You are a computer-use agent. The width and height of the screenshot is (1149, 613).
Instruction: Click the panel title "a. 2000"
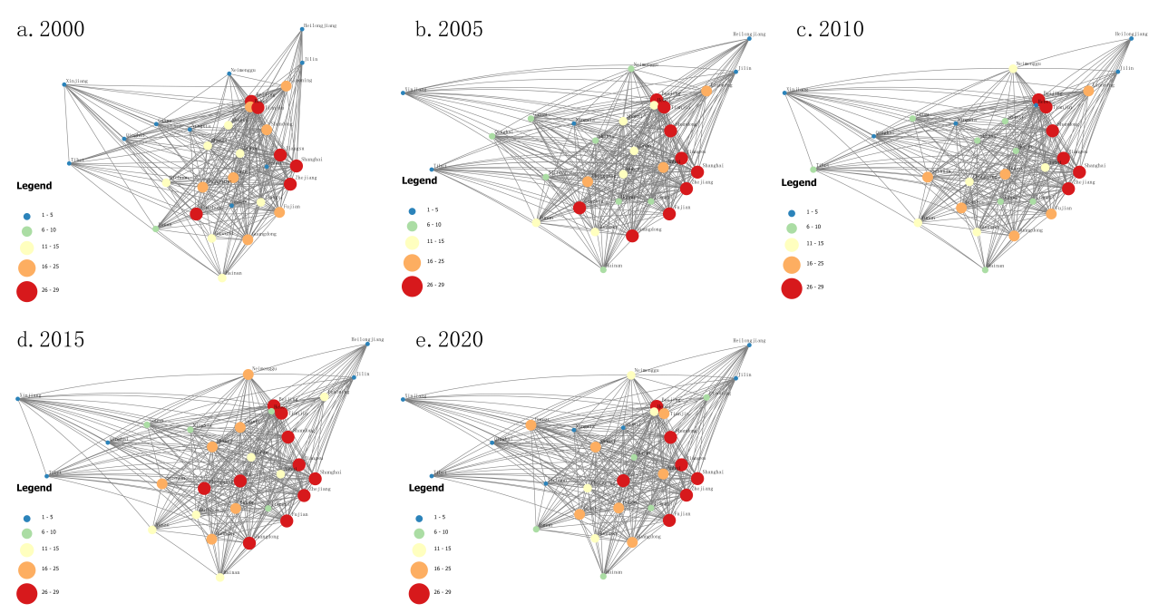(x=51, y=29)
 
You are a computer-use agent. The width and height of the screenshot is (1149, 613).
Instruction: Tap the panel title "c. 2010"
(x=830, y=29)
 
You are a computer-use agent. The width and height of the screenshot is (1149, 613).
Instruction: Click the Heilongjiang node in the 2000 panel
(x=302, y=29)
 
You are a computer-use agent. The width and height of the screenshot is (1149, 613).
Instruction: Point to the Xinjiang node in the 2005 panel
(x=404, y=92)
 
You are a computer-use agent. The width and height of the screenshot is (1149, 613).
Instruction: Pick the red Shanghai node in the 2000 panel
(x=297, y=166)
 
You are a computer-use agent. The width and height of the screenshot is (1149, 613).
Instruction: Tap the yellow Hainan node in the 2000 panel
(x=222, y=277)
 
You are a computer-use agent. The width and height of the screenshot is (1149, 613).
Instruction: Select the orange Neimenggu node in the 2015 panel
(x=248, y=374)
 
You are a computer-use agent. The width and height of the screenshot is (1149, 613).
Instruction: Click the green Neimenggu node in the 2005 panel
(x=630, y=68)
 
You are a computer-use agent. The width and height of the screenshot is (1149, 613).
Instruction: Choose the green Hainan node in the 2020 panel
(x=603, y=576)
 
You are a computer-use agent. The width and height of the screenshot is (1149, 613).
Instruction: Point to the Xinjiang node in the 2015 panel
(x=18, y=398)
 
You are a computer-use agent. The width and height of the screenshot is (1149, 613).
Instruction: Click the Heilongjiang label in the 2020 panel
(x=749, y=341)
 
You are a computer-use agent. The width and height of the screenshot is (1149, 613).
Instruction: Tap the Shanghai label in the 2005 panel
(x=714, y=166)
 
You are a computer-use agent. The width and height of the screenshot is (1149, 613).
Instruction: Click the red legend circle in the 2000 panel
(x=26, y=291)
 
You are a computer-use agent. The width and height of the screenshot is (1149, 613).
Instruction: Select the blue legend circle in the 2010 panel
(x=791, y=211)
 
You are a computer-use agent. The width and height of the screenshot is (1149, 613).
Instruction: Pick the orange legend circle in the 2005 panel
(x=412, y=262)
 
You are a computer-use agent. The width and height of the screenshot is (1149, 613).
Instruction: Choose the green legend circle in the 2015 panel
(x=26, y=532)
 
